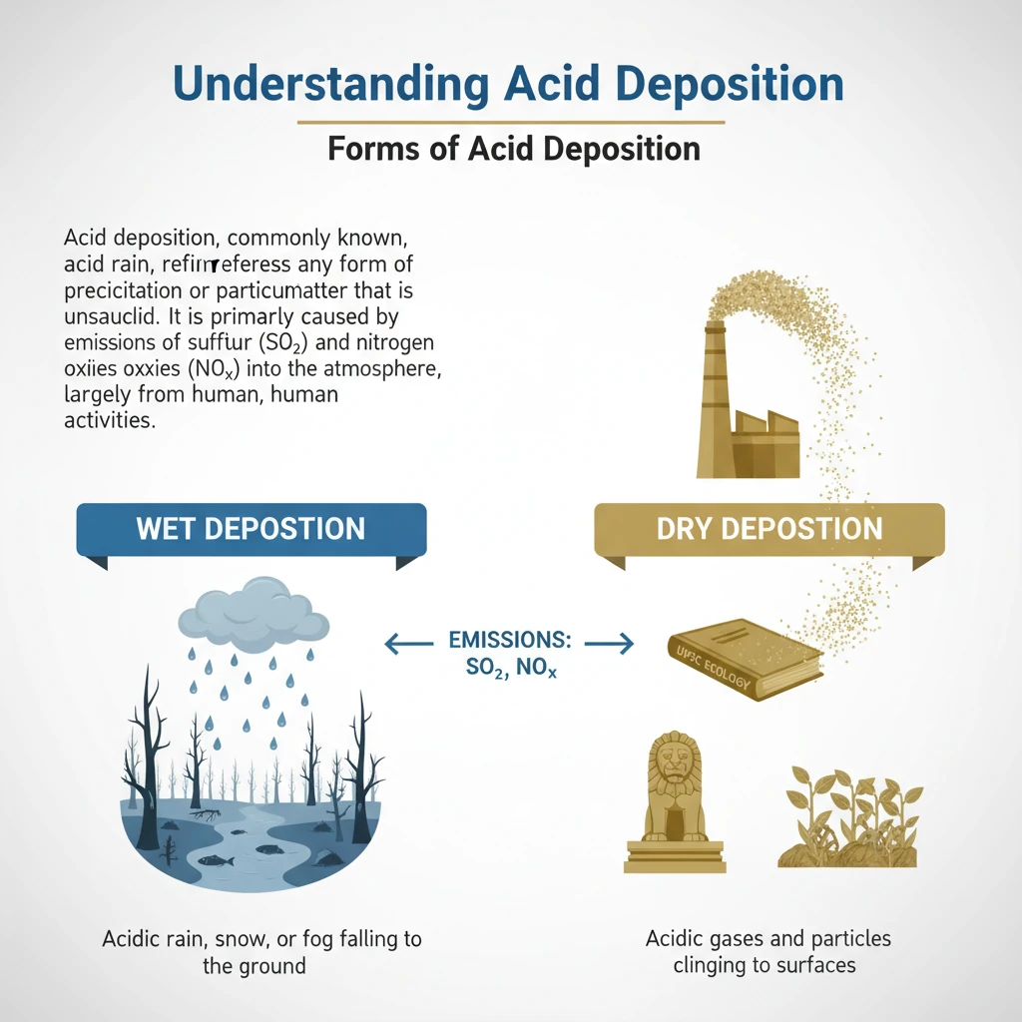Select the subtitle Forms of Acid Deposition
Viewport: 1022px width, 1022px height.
514,149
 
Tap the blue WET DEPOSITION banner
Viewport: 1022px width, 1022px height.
251,528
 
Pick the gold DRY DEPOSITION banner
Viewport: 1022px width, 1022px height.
769,528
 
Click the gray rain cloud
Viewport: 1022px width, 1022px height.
253,610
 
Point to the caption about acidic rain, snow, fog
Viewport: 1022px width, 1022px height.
261,951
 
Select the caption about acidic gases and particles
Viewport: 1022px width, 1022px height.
767,951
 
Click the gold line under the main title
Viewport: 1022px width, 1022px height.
510,122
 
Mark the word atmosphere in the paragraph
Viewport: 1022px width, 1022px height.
384,369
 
